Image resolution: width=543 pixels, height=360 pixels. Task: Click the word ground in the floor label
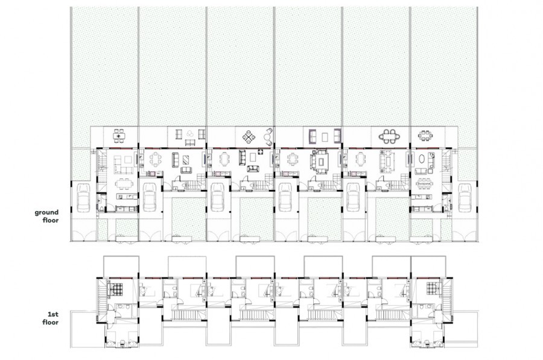[x=46, y=212]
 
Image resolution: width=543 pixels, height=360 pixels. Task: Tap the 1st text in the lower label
[x=53, y=314]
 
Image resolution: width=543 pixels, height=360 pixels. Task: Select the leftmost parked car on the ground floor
[x=83, y=198]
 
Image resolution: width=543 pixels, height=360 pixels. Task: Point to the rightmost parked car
[x=465, y=198]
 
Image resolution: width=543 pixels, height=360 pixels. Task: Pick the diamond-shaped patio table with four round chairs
[x=249, y=137]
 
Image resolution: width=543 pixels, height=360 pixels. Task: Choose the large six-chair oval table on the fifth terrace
[x=389, y=136]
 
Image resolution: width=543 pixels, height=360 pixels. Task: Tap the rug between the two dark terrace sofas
[x=325, y=137]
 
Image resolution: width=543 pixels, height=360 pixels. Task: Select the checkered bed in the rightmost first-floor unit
[x=433, y=288]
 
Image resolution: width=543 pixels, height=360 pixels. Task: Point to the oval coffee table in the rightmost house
[x=423, y=159]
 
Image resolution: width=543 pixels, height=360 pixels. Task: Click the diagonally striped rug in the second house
[x=186, y=160]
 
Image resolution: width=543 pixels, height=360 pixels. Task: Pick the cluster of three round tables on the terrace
[x=189, y=133]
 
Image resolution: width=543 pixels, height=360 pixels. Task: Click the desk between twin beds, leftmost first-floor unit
[x=122, y=344]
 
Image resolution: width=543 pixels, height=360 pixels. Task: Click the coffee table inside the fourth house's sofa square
[x=322, y=160]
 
